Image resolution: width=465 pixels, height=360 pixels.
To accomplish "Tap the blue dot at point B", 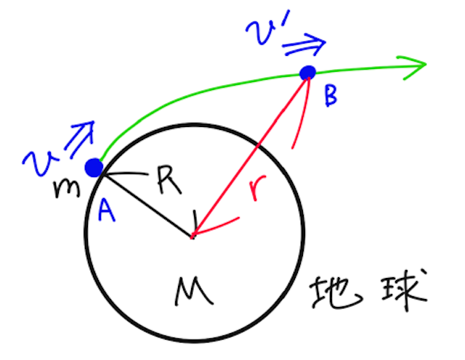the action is (x=308, y=73).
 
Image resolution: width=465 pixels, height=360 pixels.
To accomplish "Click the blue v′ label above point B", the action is (x=263, y=31).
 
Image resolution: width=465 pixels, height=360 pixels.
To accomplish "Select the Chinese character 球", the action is (x=398, y=290).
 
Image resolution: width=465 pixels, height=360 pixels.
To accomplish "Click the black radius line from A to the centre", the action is (x=145, y=203).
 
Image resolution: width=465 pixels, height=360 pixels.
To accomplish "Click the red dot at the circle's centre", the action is (x=193, y=236).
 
